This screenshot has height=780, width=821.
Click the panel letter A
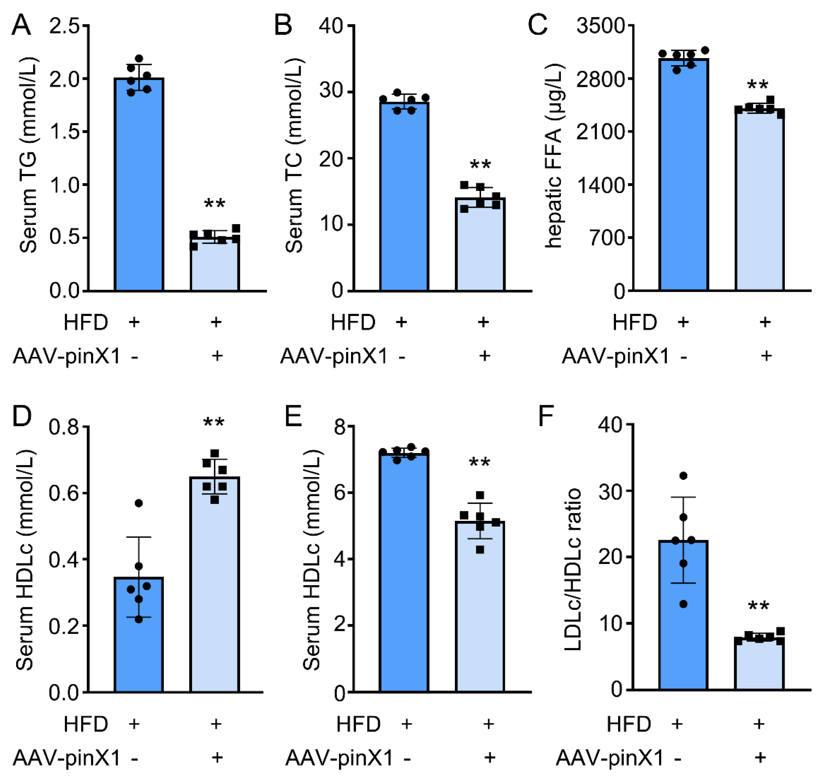click(x=21, y=26)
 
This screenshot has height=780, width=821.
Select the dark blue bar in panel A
click(x=139, y=187)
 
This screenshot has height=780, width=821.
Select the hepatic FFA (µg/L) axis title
click(x=553, y=156)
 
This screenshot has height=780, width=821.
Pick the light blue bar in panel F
click(x=759, y=665)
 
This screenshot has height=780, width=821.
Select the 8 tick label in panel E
click(x=340, y=427)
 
